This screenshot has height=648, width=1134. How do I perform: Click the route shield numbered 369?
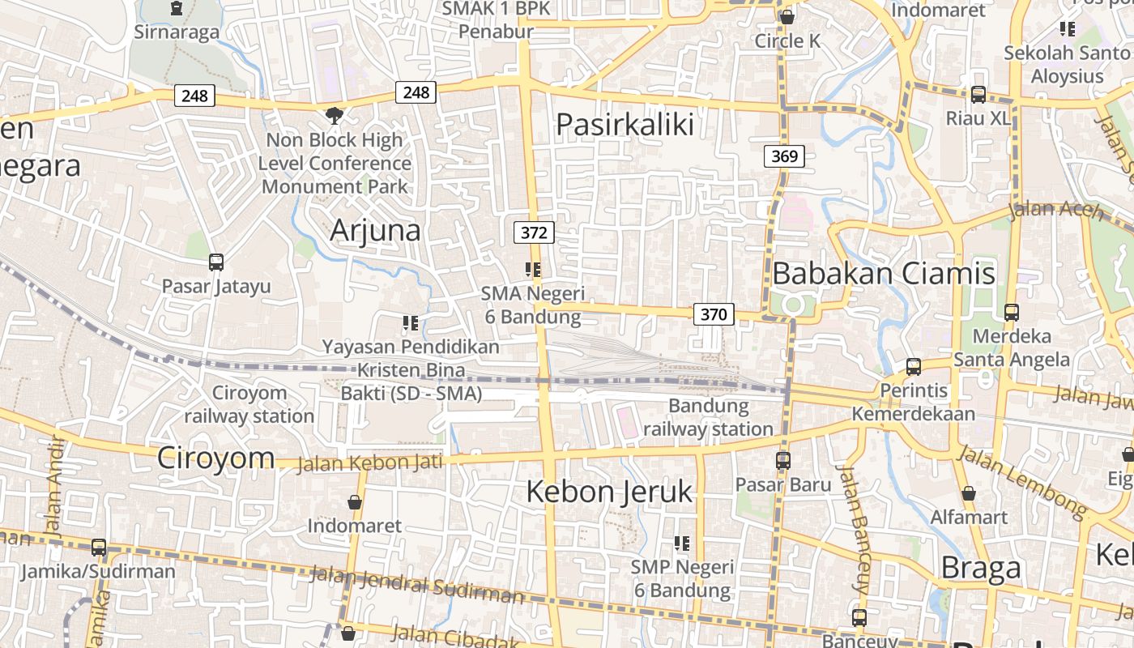click(x=784, y=156)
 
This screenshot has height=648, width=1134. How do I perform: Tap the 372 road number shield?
click(x=534, y=233)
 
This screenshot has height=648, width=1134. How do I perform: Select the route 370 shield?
click(x=714, y=314)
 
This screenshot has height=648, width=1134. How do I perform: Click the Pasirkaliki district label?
click(x=625, y=125)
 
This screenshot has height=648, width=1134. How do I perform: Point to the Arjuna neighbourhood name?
click(x=375, y=231)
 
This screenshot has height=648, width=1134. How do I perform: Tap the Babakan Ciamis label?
click(x=883, y=274)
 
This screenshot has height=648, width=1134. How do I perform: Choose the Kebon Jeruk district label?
click(x=609, y=492)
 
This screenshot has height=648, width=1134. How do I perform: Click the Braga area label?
click(x=980, y=569)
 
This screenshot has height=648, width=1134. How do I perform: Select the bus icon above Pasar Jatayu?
click(x=216, y=262)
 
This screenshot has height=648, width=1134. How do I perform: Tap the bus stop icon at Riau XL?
click(x=978, y=95)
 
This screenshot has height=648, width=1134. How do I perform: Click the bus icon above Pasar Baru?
click(x=783, y=461)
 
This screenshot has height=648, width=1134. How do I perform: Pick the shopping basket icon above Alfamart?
click(x=968, y=493)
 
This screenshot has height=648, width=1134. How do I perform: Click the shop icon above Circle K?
click(x=787, y=17)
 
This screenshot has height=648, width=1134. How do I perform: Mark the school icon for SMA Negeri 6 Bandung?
click(x=532, y=270)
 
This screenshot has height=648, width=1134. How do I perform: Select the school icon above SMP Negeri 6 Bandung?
click(x=682, y=544)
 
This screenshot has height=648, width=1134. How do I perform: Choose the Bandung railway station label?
click(x=708, y=417)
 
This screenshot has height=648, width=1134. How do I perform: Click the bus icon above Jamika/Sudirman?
click(x=99, y=548)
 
